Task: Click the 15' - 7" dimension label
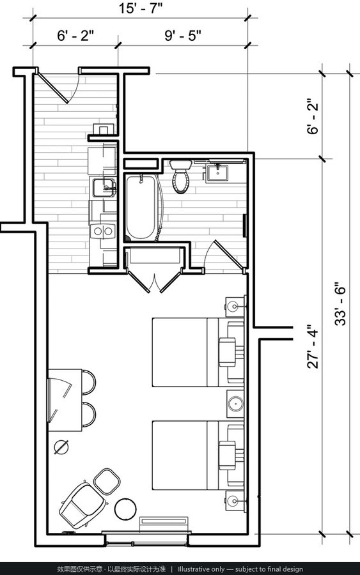pos(141,8)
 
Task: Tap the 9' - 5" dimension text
pos(183,36)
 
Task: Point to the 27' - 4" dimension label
pos(313,346)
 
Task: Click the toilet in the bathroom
pos(180,176)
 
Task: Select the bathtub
pos(141,207)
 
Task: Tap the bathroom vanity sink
pos(217,173)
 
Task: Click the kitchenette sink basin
pos(103,187)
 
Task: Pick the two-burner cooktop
pos(103,231)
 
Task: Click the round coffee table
pos(125,509)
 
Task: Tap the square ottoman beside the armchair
pos(107,480)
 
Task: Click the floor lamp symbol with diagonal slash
pos(61,447)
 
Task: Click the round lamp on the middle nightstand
pos(235,404)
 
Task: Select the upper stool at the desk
pos(89,383)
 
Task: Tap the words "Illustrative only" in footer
pos(201,569)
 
